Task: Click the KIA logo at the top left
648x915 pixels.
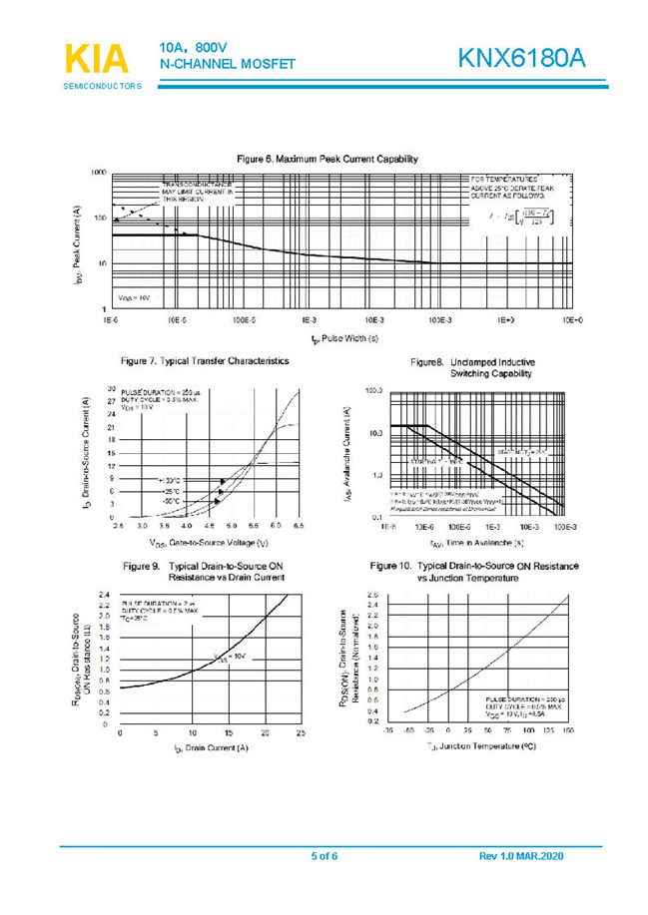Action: [97, 57]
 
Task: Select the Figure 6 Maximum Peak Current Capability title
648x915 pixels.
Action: [326, 159]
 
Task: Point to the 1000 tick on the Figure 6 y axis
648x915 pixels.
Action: [98, 172]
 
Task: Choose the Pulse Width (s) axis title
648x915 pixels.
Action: [344, 339]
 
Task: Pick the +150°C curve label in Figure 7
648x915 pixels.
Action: [167, 480]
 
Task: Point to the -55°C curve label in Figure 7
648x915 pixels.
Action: [167, 502]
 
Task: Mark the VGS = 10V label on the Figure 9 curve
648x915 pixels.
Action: [232, 657]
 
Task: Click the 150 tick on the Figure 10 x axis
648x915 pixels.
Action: [567, 730]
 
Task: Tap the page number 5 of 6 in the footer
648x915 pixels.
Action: [324, 857]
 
